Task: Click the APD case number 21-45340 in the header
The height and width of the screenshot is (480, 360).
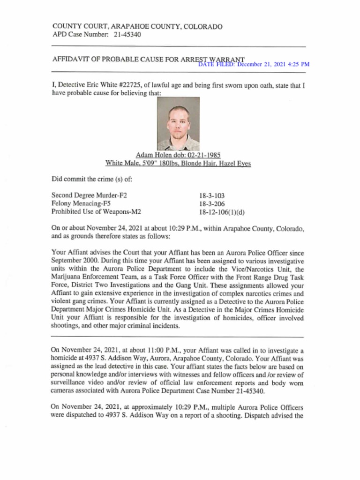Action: pyautogui.click(x=127, y=35)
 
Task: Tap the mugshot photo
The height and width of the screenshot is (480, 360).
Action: pyautogui.click(x=178, y=124)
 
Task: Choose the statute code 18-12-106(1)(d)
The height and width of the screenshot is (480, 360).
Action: pyautogui.click(x=222, y=212)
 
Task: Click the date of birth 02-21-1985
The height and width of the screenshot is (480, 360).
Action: pyautogui.click(x=204, y=155)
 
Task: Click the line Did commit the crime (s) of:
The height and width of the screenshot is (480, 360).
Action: pyautogui.click(x=85, y=179)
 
